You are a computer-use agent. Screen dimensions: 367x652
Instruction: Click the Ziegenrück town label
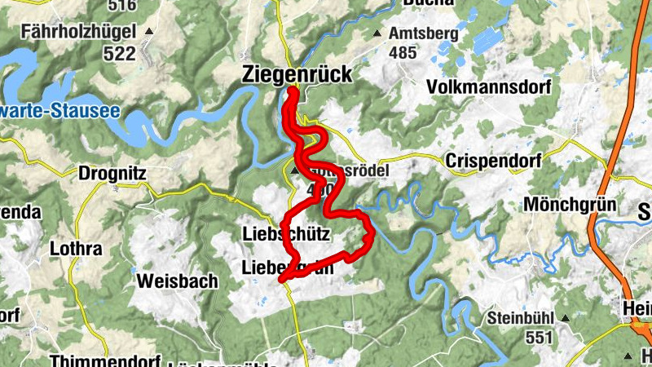click(x=297, y=74)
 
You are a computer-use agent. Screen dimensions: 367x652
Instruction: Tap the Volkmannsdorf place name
click(x=483, y=86)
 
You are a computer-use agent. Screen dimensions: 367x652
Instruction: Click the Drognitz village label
click(x=113, y=173)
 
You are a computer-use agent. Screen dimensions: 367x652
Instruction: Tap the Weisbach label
click(x=178, y=281)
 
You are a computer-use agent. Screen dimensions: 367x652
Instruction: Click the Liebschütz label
click(x=286, y=235)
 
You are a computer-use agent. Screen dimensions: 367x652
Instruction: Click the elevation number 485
click(x=403, y=53)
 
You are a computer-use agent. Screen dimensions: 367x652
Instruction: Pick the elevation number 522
click(x=118, y=53)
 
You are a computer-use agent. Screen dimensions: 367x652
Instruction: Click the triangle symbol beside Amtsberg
click(x=377, y=34)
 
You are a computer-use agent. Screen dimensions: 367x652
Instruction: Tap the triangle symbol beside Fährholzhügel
click(x=149, y=33)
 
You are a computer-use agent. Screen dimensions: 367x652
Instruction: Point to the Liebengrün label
click(x=288, y=268)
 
